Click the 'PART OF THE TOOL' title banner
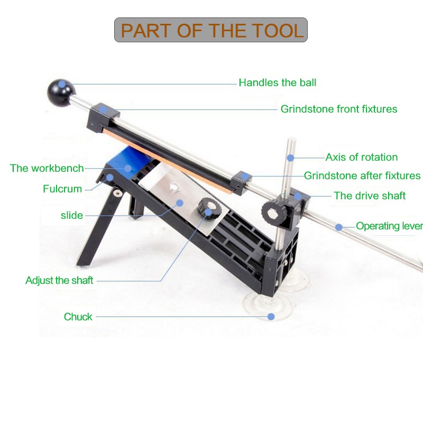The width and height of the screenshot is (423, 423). [210, 30]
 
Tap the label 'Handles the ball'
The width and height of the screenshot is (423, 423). [277, 82]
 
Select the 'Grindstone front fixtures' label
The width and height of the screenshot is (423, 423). [339, 109]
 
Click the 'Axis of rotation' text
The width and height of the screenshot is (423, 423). [362, 157]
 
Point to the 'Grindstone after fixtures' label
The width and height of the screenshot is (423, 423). [362, 176]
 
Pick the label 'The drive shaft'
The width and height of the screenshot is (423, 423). [370, 196]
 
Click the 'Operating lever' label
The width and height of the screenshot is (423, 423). [389, 226]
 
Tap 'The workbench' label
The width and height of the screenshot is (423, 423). [47, 168]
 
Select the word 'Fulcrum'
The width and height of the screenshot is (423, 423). [62, 189]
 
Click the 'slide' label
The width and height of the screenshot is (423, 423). [72, 215]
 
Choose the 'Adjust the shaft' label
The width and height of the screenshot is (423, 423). [59, 280]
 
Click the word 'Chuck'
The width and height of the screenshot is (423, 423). [78, 317]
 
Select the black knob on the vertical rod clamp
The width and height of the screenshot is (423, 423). [272, 213]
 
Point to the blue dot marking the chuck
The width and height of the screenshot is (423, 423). [271, 316]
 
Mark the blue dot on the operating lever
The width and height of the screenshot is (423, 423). [339, 227]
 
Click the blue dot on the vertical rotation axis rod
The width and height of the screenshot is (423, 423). [290, 158]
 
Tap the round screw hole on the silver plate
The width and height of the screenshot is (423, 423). [174, 187]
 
